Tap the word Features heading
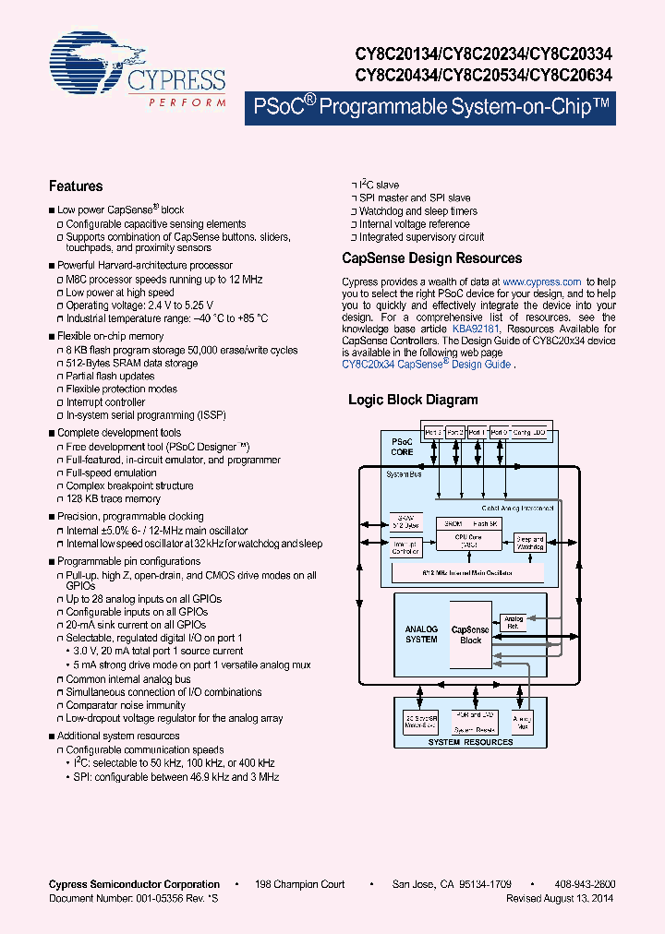pyautogui.click(x=76, y=186)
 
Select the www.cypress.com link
pyautogui.click(x=542, y=281)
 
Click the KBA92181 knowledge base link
pyautogui.click(x=476, y=329)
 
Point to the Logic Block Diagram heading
pyautogui.click(x=413, y=400)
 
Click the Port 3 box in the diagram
pyautogui.click(x=432, y=431)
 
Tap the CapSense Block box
pyautogui.click(x=471, y=635)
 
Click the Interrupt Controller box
pyautogui.click(x=405, y=547)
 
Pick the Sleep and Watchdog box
pyautogui.click(x=530, y=544)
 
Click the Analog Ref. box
pyautogui.click(x=514, y=623)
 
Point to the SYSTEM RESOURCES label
pyautogui.click(x=470, y=742)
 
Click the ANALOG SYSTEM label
pyautogui.click(x=421, y=634)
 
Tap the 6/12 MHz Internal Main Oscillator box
pyautogui.click(x=468, y=572)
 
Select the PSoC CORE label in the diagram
pyautogui.click(x=403, y=447)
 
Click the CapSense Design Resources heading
pyautogui.click(x=431, y=258)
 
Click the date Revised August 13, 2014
pyautogui.click(x=561, y=898)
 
